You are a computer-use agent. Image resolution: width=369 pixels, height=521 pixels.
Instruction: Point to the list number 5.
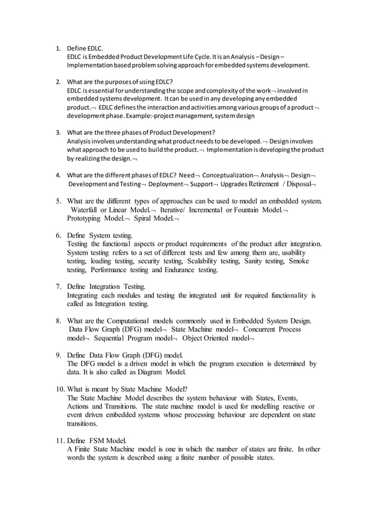pyautogui.click(x=58, y=201)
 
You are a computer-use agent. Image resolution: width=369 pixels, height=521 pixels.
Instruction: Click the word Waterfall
pyautogui.click(x=85, y=210)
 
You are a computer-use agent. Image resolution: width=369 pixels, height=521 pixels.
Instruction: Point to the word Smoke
pyautogui.click(x=301, y=261)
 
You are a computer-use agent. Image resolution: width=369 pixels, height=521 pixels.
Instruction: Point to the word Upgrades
pyautogui.click(x=232, y=184)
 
